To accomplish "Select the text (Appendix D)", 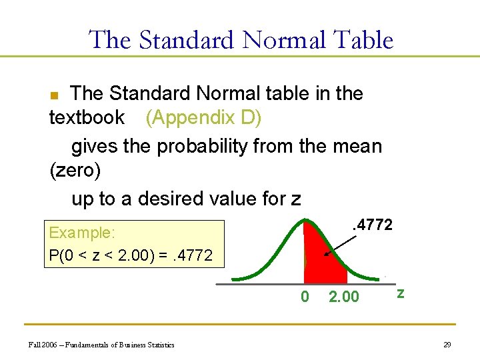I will pyautogui.click(x=203, y=117).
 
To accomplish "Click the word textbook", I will pyautogui.click(x=87, y=117).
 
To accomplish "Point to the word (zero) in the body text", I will pyautogui.click(x=75, y=171).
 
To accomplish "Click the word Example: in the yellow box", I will pyautogui.click(x=82, y=233).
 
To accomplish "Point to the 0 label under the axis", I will pyautogui.click(x=305, y=297).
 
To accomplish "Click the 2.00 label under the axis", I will pyautogui.click(x=344, y=297).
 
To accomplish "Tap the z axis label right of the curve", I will pyautogui.click(x=400, y=293).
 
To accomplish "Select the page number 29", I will pyautogui.click(x=447, y=344).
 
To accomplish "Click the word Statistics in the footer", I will pyautogui.click(x=159, y=345).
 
